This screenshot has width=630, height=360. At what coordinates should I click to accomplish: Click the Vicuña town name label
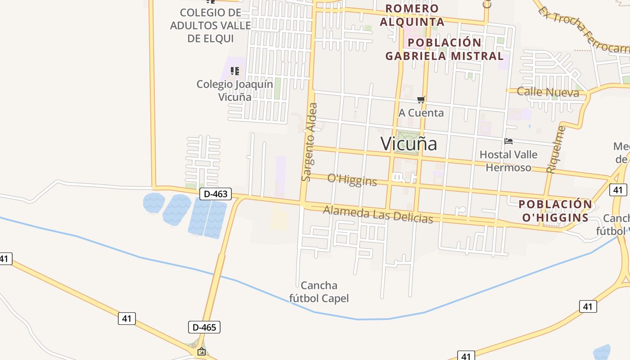409,144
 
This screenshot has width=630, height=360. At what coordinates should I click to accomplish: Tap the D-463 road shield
215,194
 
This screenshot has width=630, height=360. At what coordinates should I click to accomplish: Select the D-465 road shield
204,327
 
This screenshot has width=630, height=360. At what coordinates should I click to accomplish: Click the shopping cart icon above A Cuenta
421,99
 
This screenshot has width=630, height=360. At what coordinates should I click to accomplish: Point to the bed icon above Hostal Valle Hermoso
509,141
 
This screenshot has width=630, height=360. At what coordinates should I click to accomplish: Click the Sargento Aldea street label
309,142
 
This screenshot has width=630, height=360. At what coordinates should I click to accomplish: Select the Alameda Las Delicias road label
378,214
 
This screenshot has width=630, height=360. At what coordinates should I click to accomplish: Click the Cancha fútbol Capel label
319,292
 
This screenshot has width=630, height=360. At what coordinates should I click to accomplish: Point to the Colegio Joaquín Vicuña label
234,90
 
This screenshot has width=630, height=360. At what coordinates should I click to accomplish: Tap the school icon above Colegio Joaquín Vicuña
234,71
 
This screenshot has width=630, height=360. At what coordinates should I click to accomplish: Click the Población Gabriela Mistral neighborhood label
445,49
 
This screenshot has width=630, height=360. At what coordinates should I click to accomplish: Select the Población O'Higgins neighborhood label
555,211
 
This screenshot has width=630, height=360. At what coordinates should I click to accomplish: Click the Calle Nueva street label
548,92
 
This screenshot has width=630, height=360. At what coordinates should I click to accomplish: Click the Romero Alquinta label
412,15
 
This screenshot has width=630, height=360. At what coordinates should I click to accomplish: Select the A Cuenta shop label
421,112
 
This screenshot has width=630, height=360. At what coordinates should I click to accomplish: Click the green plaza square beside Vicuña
406,142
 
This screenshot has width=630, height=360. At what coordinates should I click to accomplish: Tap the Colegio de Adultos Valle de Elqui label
210,25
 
